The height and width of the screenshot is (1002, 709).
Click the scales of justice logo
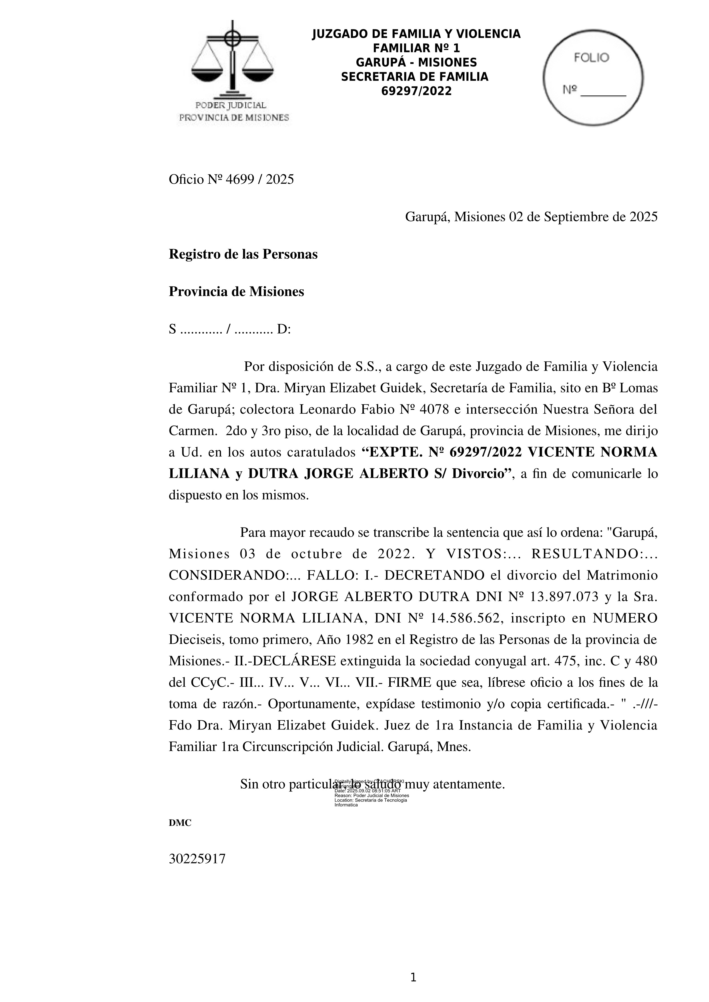pyautogui.click(x=233, y=61)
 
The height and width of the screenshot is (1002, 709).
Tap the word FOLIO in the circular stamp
pyautogui.click(x=591, y=58)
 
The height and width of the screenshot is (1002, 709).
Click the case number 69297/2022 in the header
pyautogui.click(x=416, y=91)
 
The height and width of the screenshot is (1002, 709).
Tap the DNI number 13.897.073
pyautogui.click(x=564, y=597)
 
